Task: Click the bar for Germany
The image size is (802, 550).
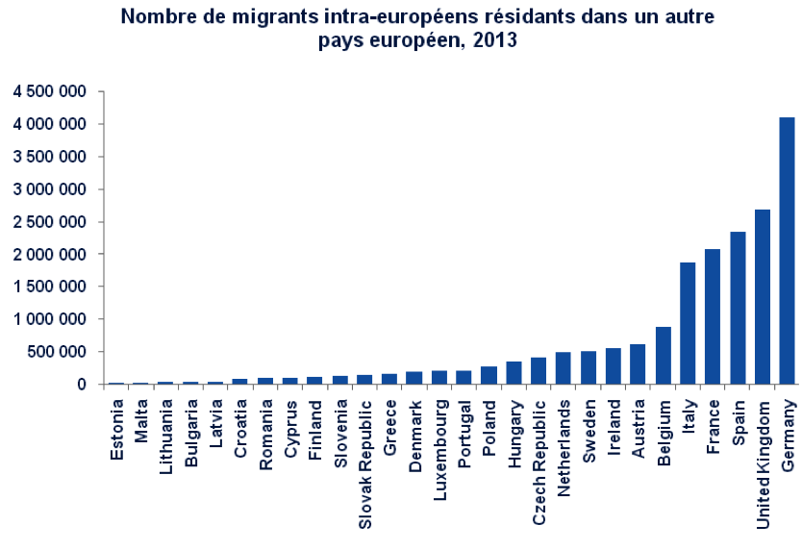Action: [788, 250]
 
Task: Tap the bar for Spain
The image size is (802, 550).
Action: [738, 308]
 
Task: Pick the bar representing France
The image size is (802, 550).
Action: [713, 316]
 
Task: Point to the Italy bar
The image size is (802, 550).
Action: [688, 323]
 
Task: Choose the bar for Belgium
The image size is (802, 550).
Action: [663, 355]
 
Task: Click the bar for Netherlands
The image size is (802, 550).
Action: [563, 367]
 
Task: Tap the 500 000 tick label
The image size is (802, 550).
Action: [57, 352]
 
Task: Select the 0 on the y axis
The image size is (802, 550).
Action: [84, 385]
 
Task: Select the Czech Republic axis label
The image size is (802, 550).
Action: [539, 451]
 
